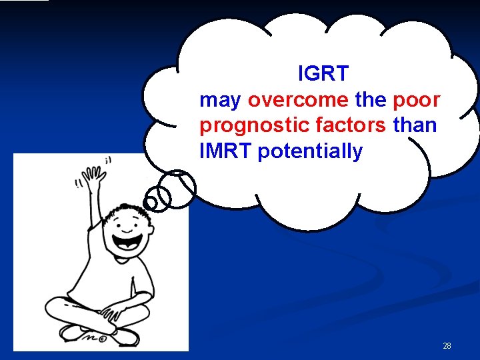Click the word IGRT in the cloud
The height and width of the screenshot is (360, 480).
(323, 74)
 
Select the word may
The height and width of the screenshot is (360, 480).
(220, 101)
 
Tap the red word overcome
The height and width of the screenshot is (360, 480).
(298, 100)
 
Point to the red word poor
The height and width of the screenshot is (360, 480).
(417, 100)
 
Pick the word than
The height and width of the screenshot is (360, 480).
(415, 125)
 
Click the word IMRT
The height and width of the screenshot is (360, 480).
(225, 151)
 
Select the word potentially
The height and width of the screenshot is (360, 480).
(310, 151)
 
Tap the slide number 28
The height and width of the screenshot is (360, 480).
(447, 346)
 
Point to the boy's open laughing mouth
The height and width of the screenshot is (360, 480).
(126, 241)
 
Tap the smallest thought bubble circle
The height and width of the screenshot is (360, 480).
(152, 201)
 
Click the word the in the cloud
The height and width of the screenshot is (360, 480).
(370, 100)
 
